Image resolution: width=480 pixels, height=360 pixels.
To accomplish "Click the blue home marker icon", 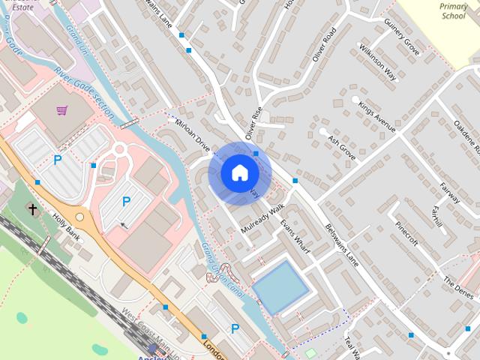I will [239, 173].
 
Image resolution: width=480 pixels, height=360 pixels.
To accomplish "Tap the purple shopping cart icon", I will [61, 111].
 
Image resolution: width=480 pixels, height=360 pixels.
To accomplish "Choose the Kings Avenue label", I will [376, 117].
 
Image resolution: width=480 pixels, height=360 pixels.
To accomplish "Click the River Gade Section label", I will [84, 94].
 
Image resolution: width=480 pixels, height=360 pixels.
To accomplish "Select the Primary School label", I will [453, 10].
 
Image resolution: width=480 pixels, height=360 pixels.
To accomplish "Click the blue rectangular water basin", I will [280, 286].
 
